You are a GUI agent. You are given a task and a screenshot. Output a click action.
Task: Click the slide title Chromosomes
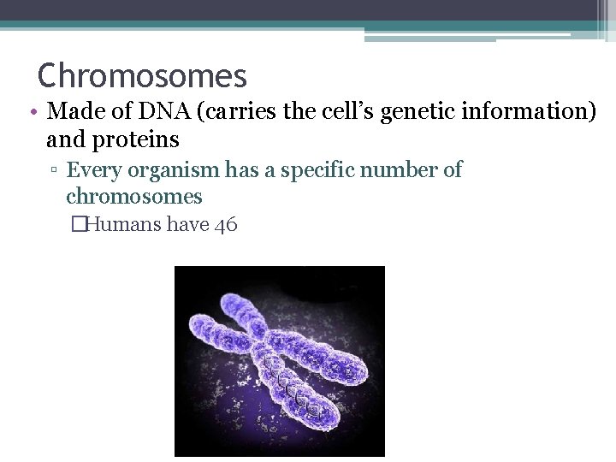click(x=142, y=76)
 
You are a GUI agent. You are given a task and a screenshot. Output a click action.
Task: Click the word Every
click(x=93, y=170)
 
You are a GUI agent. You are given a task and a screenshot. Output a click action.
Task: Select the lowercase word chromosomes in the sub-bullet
click(x=134, y=197)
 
